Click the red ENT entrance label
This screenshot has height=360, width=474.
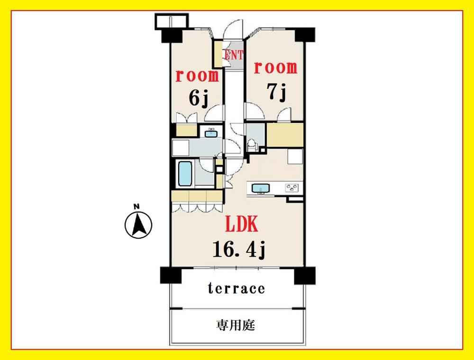click(x=234, y=55)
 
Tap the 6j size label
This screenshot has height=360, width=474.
click(x=198, y=99)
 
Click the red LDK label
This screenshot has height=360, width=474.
click(x=242, y=224)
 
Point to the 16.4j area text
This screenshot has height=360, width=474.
click(x=239, y=249)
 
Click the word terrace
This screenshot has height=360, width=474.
click(x=237, y=288)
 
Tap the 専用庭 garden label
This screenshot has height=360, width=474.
click(x=236, y=325)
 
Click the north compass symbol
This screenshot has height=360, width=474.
click(x=138, y=225)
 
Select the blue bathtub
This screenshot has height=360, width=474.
click(x=185, y=173)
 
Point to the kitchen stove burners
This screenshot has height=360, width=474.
click(x=292, y=188)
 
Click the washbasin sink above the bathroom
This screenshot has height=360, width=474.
click(x=210, y=133)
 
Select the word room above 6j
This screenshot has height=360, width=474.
click(x=197, y=76)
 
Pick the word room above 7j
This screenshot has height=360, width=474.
click(x=275, y=67)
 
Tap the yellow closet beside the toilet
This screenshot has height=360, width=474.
click(x=285, y=135)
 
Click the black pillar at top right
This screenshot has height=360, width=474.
click(x=305, y=35)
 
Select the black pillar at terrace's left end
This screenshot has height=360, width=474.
click(x=171, y=275)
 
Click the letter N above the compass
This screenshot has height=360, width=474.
click(x=137, y=207)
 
